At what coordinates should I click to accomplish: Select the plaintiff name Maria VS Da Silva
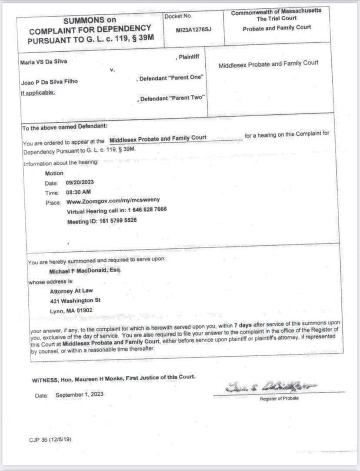tap(44, 62)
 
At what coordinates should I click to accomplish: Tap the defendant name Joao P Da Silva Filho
tap(49, 81)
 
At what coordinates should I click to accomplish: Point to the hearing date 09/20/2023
tap(80, 183)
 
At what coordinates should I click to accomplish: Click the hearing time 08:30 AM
tap(78, 192)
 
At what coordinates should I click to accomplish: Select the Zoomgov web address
tap(113, 201)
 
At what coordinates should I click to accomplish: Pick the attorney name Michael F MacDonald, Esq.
tap(86, 270)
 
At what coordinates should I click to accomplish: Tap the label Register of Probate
tap(279, 398)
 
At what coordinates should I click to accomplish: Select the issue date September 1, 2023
tap(80, 394)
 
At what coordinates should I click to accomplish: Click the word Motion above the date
tap(54, 173)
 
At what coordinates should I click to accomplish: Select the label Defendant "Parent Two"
tap(171, 98)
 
